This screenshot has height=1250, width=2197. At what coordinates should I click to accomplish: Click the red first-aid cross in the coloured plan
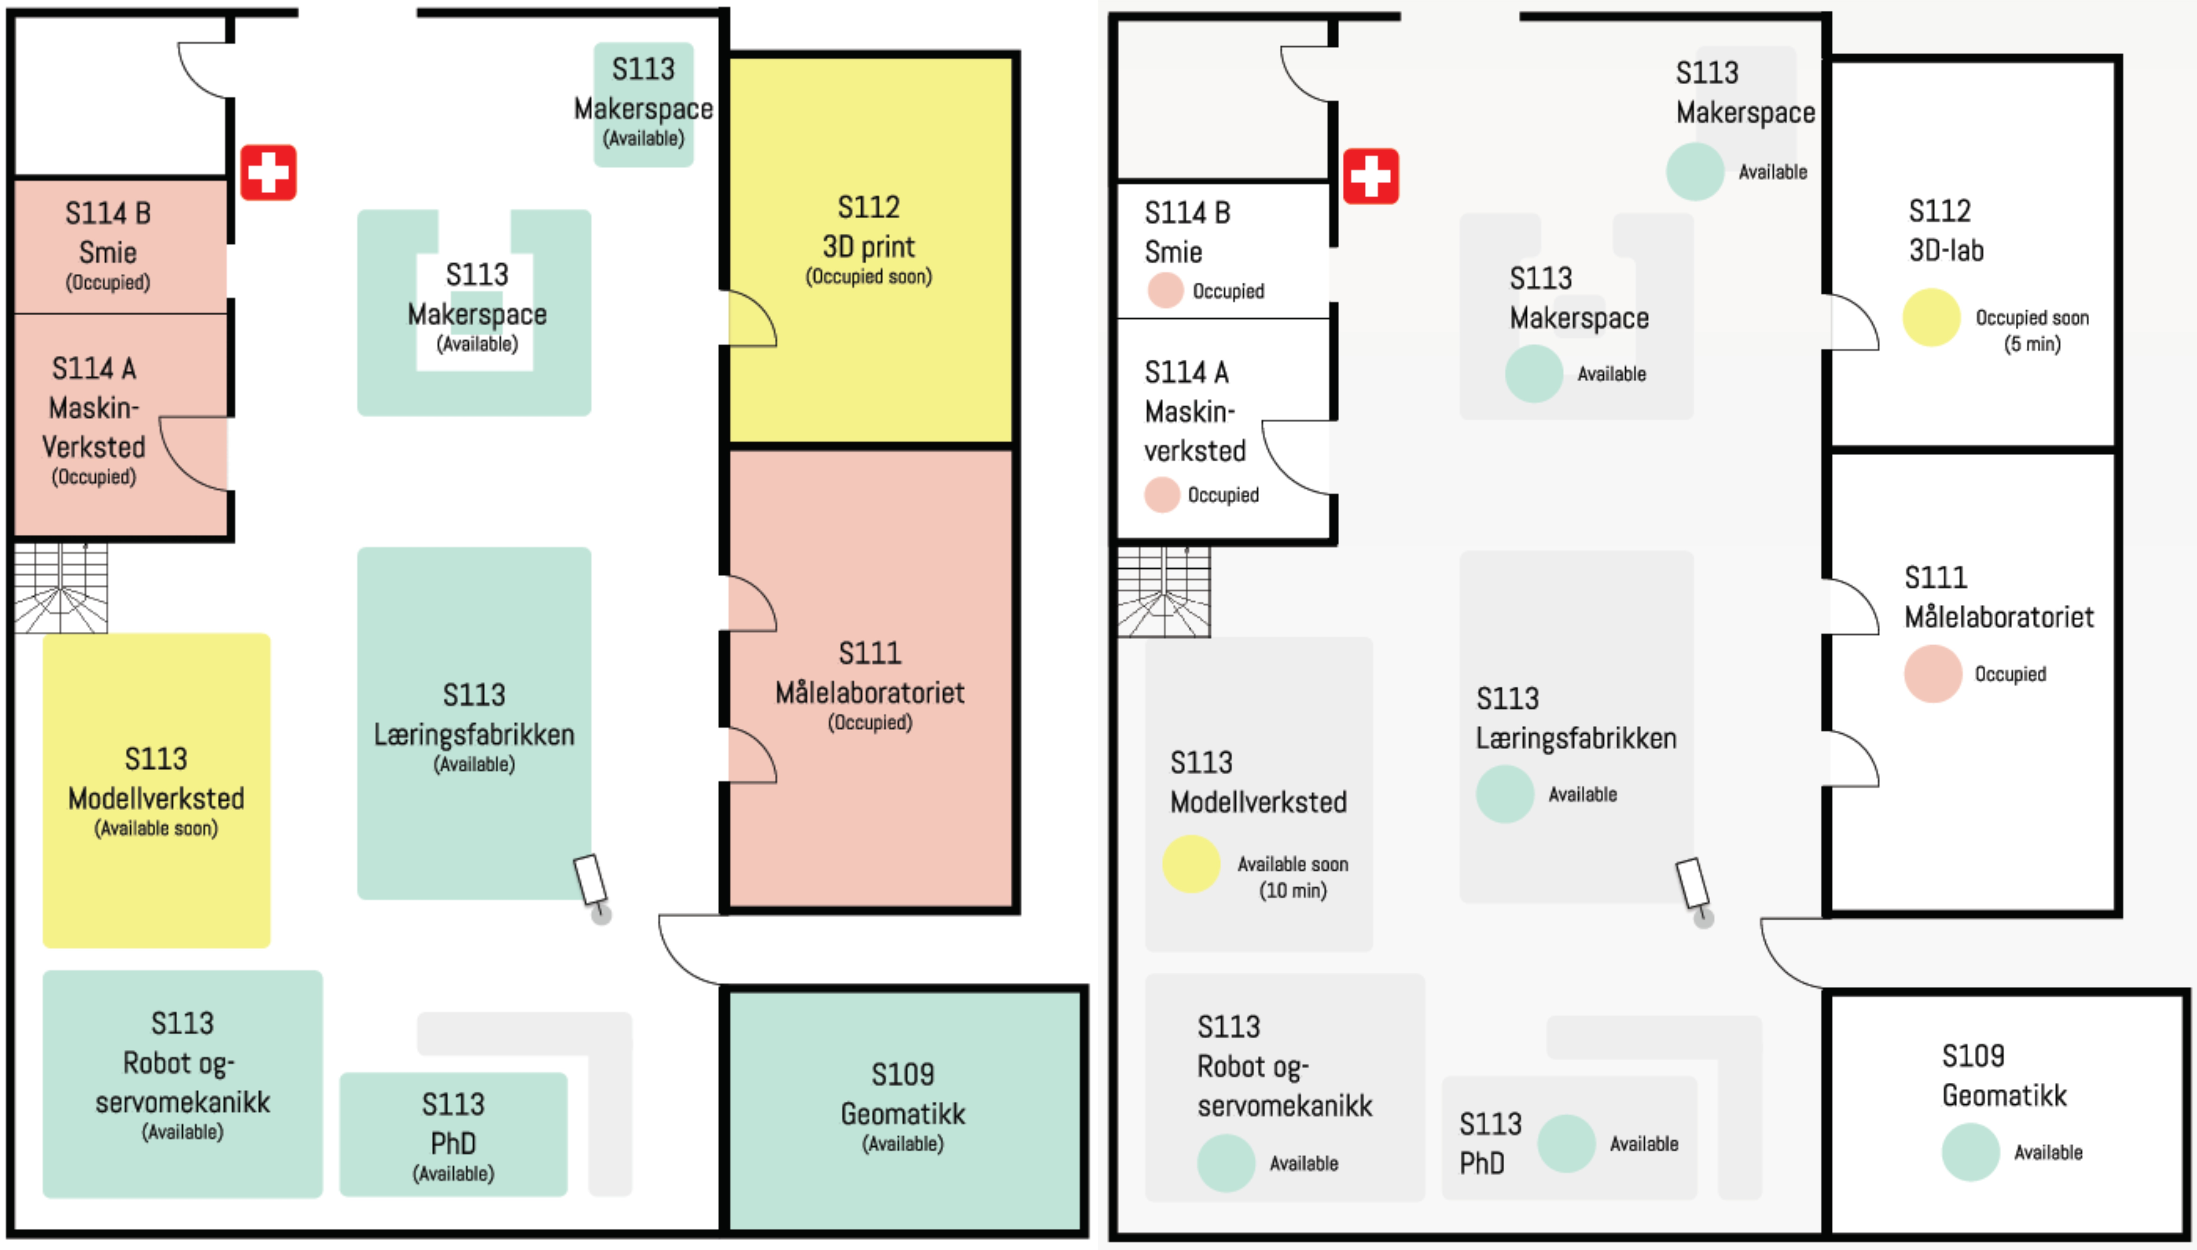click(x=268, y=173)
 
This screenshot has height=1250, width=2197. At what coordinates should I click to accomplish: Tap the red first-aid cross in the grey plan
click(x=1370, y=177)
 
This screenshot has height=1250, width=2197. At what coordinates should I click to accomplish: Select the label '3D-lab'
click(x=1946, y=251)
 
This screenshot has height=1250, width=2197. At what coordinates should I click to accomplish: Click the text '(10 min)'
click(x=1292, y=890)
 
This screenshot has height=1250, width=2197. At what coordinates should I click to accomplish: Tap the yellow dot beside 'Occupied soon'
click(x=1931, y=318)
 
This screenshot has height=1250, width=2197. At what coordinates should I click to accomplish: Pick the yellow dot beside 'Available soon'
click(x=1191, y=864)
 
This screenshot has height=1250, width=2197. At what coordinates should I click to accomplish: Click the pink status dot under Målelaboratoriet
click(x=1932, y=674)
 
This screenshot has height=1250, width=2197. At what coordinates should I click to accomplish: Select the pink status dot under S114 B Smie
click(x=1165, y=290)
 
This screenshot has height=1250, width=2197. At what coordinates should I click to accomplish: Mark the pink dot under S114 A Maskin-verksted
click(x=1161, y=495)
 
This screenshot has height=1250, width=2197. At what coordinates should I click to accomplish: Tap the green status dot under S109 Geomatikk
click(x=1970, y=1152)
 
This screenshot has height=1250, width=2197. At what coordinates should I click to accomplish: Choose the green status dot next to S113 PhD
click(x=1566, y=1143)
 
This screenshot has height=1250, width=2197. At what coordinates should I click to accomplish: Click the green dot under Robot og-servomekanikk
click(x=1225, y=1163)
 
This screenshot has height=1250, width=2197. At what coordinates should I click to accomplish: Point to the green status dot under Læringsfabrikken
click(x=1504, y=794)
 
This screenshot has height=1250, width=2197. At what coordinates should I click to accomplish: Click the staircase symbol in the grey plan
click(x=1163, y=592)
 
